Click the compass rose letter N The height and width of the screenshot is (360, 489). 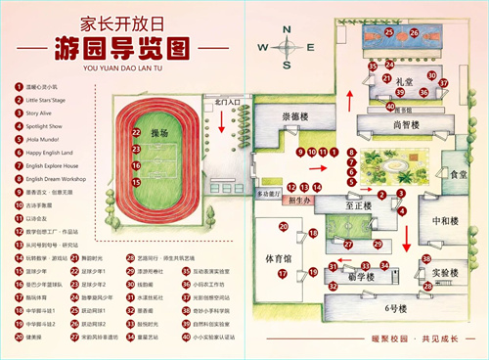(x=287, y=29)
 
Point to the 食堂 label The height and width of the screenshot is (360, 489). (x=457, y=173)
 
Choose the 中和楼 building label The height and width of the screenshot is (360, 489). (x=446, y=220)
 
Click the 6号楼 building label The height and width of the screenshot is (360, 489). (x=396, y=308)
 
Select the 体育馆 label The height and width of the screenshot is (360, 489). (x=283, y=259)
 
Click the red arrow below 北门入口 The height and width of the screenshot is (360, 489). (x=225, y=121)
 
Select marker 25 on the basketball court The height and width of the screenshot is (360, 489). (x=388, y=32)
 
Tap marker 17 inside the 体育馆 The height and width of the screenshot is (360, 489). (x=283, y=274)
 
